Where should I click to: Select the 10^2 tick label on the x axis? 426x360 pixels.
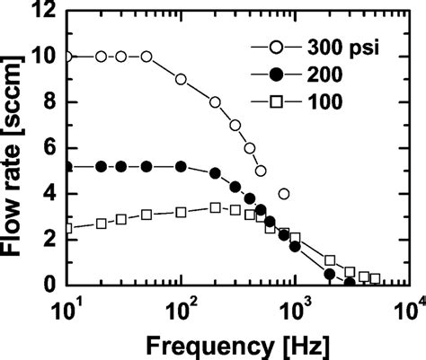pyautogui.click(x=182, y=305)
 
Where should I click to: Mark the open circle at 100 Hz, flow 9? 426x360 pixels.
pyautogui.click(x=182, y=79)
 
